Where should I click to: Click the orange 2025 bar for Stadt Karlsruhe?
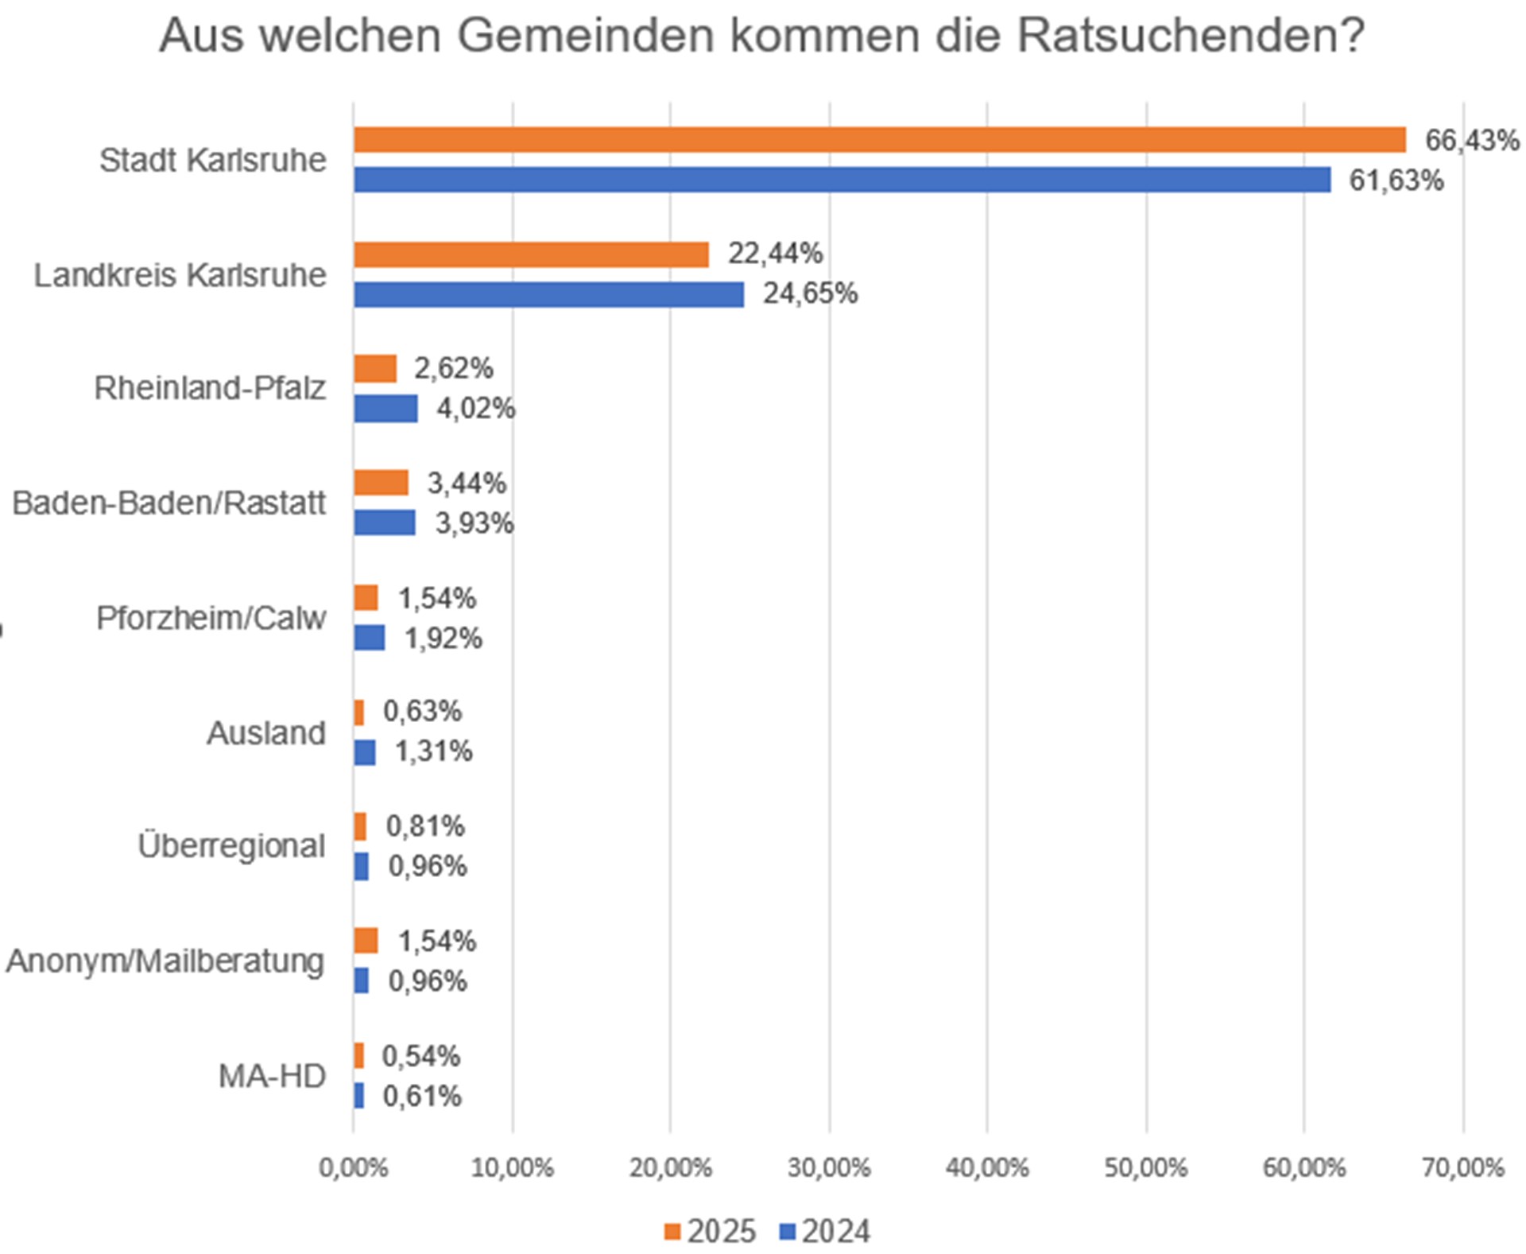coord(879,140)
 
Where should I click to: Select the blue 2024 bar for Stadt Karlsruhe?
coord(842,180)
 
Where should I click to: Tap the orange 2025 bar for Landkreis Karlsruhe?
coord(531,254)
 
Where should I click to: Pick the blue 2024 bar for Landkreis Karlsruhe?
coord(548,294)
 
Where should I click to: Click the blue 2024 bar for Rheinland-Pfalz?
coord(385,409)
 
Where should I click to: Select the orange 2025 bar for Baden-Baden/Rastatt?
coord(381,483)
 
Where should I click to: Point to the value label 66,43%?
coord(1471,141)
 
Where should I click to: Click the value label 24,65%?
coord(810,294)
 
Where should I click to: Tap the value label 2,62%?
coord(453,369)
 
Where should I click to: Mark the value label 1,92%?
coord(443,639)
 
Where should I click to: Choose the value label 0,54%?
coord(420,1057)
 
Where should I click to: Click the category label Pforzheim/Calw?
coord(211,619)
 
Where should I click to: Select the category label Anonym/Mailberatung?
coord(165,961)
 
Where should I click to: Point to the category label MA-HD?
coord(272,1077)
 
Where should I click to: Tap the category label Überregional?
coord(231,847)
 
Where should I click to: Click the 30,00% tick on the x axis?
coord(829,1168)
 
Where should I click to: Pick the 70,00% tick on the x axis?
coord(1462,1168)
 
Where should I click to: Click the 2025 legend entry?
coord(710,1232)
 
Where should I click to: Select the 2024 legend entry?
coord(825,1232)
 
